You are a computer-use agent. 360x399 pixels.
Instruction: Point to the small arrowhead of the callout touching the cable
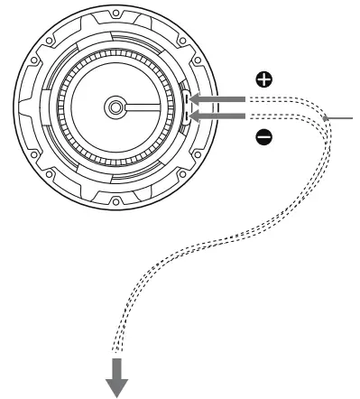point(326,116)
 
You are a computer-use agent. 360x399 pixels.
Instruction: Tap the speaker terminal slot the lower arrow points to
point(185,116)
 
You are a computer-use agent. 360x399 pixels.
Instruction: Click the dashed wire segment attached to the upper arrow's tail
point(271,99)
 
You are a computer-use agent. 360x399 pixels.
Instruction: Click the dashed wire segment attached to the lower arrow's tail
point(271,116)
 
